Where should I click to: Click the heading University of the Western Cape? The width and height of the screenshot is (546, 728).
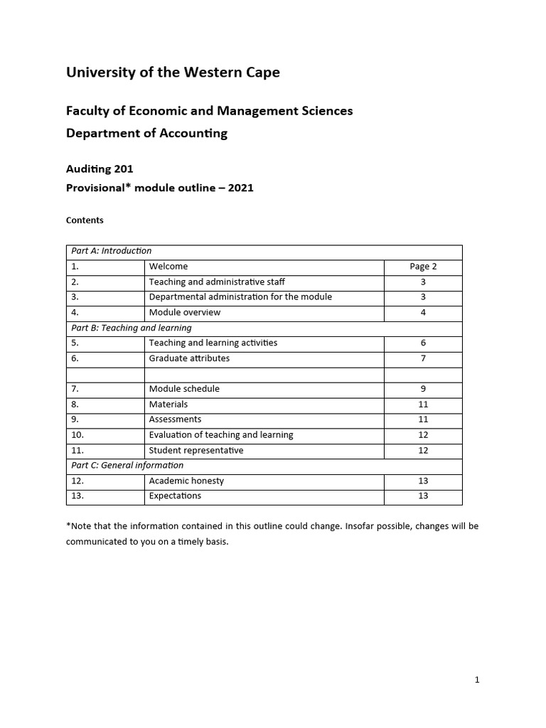tap(173, 73)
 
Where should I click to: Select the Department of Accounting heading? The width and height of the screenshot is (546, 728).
tap(146, 133)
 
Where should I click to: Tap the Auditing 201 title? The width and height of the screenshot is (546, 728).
tap(100, 169)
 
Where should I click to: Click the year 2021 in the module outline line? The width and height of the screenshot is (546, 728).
tap(240, 188)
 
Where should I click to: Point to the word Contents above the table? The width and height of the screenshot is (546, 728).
tap(85, 220)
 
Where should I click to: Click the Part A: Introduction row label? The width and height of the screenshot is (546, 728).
tap(110, 251)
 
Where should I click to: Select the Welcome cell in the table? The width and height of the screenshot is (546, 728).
tap(168, 267)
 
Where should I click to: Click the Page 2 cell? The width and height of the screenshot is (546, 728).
tap(423, 267)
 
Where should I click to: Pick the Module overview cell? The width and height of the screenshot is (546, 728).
tap(185, 312)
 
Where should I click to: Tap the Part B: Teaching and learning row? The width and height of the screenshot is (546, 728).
tap(131, 328)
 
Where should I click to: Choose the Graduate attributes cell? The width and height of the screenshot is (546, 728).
tap(189, 358)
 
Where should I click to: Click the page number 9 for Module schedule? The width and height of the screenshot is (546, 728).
tap(423, 389)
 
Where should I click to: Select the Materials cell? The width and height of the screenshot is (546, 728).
tap(168, 404)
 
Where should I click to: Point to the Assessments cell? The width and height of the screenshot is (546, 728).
tap(175, 419)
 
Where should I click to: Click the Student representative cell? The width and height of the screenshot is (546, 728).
tap(196, 450)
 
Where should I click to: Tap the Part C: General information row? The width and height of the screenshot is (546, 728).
tap(127, 465)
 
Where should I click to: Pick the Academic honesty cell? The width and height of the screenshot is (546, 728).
tap(186, 481)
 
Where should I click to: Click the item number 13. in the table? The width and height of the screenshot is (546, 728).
tap(77, 496)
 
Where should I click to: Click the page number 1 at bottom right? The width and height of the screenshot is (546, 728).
tap(477, 680)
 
